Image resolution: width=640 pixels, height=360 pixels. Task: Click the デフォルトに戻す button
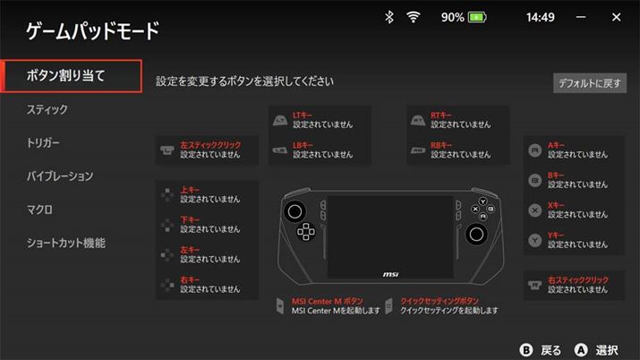tap(590, 83)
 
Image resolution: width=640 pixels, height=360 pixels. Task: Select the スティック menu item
tap(47, 109)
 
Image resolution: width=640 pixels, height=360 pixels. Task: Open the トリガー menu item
tap(43, 143)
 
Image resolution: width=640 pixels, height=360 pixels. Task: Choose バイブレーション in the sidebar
tap(60, 176)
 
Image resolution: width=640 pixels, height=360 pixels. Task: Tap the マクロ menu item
tap(39, 210)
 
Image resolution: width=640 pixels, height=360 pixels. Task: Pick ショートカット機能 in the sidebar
tap(66, 244)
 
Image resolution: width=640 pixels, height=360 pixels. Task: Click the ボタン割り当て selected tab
tap(72, 76)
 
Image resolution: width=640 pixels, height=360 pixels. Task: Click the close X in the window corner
tap(617, 17)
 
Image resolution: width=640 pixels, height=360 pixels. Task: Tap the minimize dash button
tap(581, 17)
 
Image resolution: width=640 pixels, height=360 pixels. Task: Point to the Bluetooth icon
tap(389, 17)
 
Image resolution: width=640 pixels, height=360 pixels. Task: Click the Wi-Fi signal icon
tap(413, 17)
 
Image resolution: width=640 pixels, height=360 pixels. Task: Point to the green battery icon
tap(477, 17)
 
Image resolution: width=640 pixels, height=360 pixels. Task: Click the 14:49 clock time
tap(541, 17)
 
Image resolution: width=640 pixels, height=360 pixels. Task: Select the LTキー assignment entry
tap(320, 120)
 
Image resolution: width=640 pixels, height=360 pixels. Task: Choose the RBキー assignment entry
tap(458, 150)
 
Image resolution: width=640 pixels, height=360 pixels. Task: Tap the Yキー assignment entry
tap(574, 240)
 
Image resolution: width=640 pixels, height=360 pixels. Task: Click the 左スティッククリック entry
tap(207, 150)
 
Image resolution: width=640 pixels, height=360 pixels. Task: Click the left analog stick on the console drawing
tap(294, 211)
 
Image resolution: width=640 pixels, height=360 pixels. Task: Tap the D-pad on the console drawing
tap(306, 232)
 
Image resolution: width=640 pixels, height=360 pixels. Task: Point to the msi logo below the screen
tap(390, 274)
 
